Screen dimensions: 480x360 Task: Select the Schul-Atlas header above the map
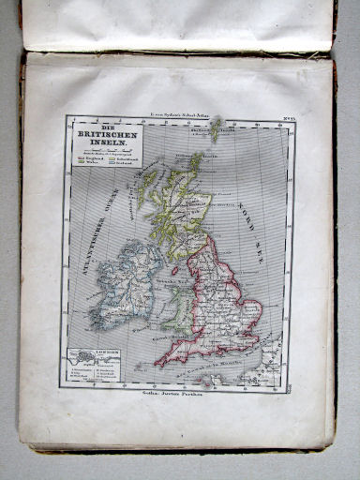(x=179, y=110)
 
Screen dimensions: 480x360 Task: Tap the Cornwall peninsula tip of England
(x=159, y=361)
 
